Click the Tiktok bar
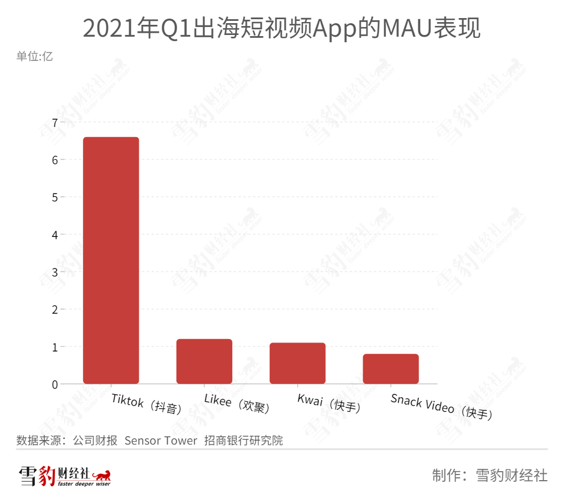click(x=111, y=260)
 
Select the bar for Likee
click(x=204, y=361)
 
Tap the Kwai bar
click(x=297, y=363)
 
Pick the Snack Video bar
click(x=390, y=368)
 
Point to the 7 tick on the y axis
click(x=55, y=122)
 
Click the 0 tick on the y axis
click(x=55, y=384)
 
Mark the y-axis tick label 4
click(x=55, y=235)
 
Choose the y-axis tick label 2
click(x=55, y=310)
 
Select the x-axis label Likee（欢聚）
click(x=237, y=404)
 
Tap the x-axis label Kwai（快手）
click(x=329, y=403)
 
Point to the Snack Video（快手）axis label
click(x=441, y=407)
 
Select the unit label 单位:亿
click(x=34, y=56)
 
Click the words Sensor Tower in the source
click(x=161, y=440)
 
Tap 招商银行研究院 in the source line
click(x=244, y=440)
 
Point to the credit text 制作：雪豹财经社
click(x=490, y=475)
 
